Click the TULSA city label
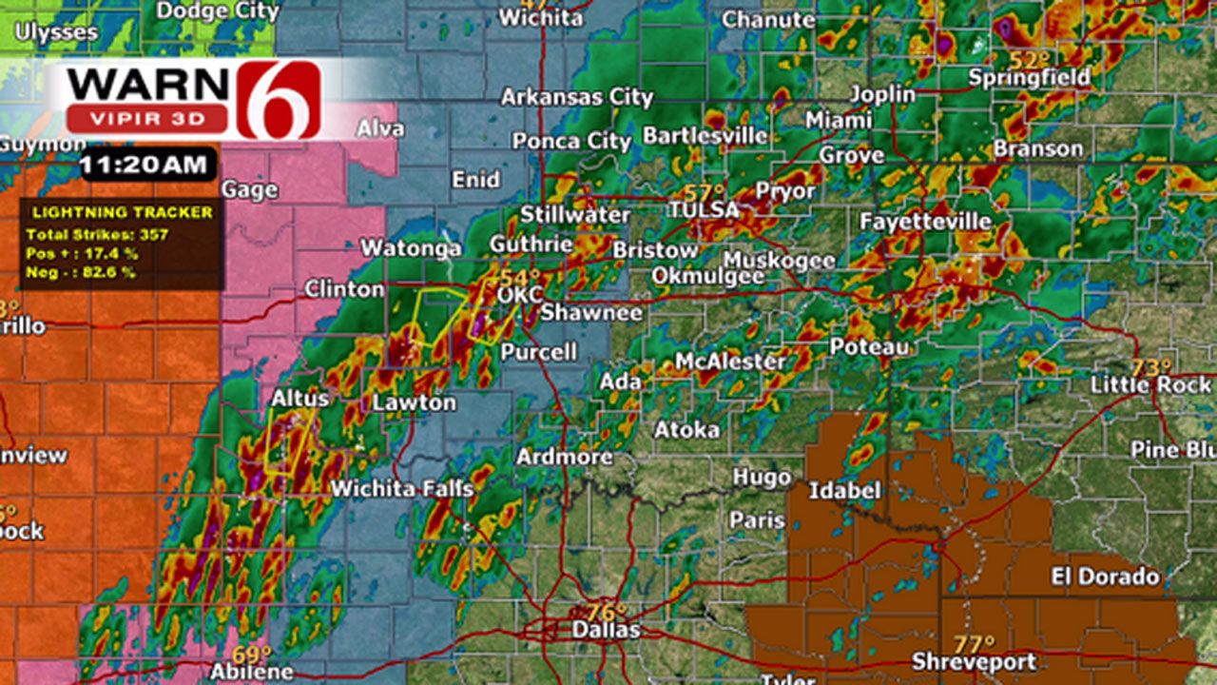click(705, 209)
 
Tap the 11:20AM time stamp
click(148, 164)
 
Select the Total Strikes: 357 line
click(84, 235)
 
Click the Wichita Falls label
click(401, 489)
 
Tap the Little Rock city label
click(1150, 385)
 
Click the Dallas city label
click(606, 630)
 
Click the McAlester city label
click(730, 362)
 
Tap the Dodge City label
click(218, 11)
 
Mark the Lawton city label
click(414, 402)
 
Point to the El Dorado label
click(1105, 577)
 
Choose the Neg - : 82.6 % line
click(81, 272)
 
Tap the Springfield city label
click(1029, 78)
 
